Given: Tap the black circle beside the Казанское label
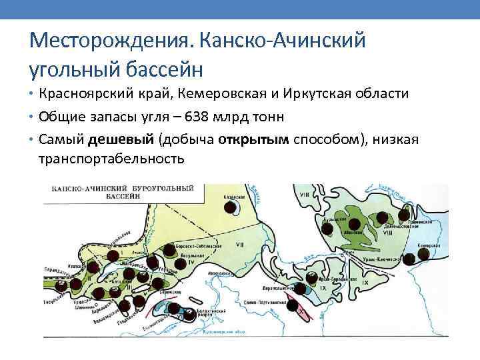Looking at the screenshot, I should coord(229,207).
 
